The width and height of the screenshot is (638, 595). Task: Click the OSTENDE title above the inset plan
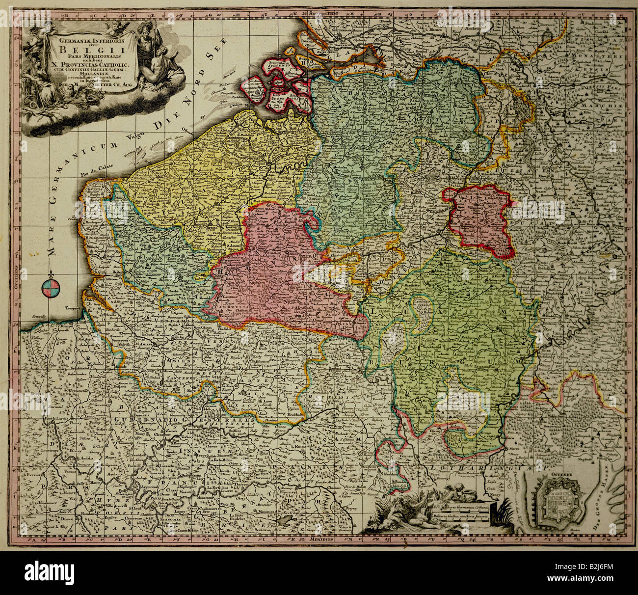(x=558, y=475)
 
